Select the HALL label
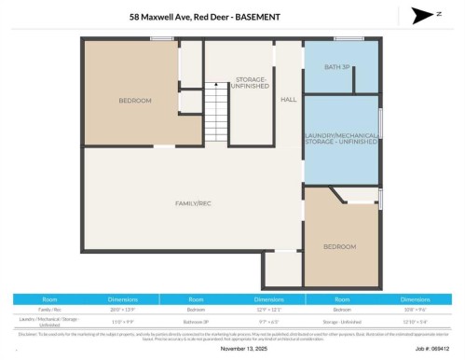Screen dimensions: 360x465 pos(288,99)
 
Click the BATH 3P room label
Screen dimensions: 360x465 pos(338,67)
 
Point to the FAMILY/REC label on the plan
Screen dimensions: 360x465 pos(194,202)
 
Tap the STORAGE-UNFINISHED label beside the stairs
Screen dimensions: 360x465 pos(251,82)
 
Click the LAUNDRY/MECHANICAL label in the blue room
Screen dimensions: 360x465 pos(340,140)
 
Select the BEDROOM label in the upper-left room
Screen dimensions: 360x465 pos(135,101)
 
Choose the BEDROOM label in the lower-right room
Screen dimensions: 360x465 pos(339,246)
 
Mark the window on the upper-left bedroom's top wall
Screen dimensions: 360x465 pos(161,38)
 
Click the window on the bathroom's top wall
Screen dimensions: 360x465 pos(349,38)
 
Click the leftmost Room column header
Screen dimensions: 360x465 pos(49,298)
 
